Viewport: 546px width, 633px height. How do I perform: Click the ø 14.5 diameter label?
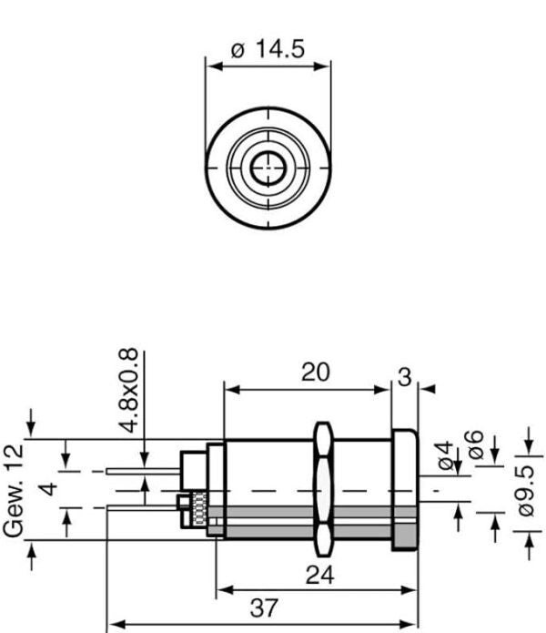pos(268,49)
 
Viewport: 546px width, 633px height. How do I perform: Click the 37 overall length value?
pos(264,608)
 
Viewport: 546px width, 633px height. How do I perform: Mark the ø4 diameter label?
pos(446,455)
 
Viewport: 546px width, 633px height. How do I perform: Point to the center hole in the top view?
pos(267,168)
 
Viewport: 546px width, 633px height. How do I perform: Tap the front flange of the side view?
pos(404,490)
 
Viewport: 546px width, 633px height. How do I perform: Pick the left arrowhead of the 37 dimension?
pos(113,625)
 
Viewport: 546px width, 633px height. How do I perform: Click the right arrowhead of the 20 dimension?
pos(386,390)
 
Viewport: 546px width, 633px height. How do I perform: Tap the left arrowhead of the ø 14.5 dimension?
pos(210,66)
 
